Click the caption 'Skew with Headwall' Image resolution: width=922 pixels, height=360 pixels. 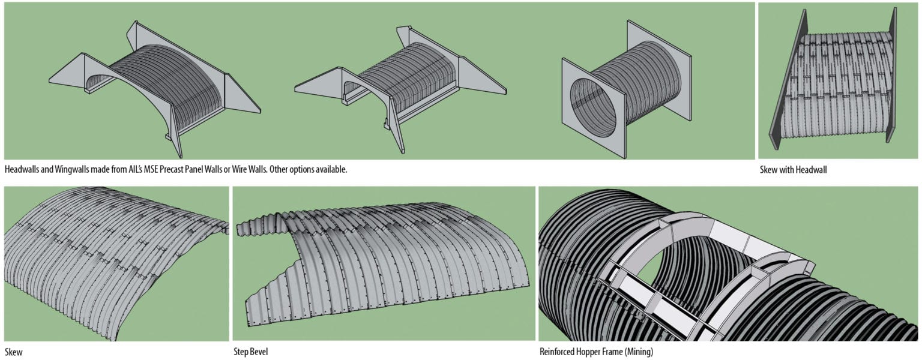pos(793,170)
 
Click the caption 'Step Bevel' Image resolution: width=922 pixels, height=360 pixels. pos(250,352)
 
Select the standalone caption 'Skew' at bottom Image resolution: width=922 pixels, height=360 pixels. pos(14,352)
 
